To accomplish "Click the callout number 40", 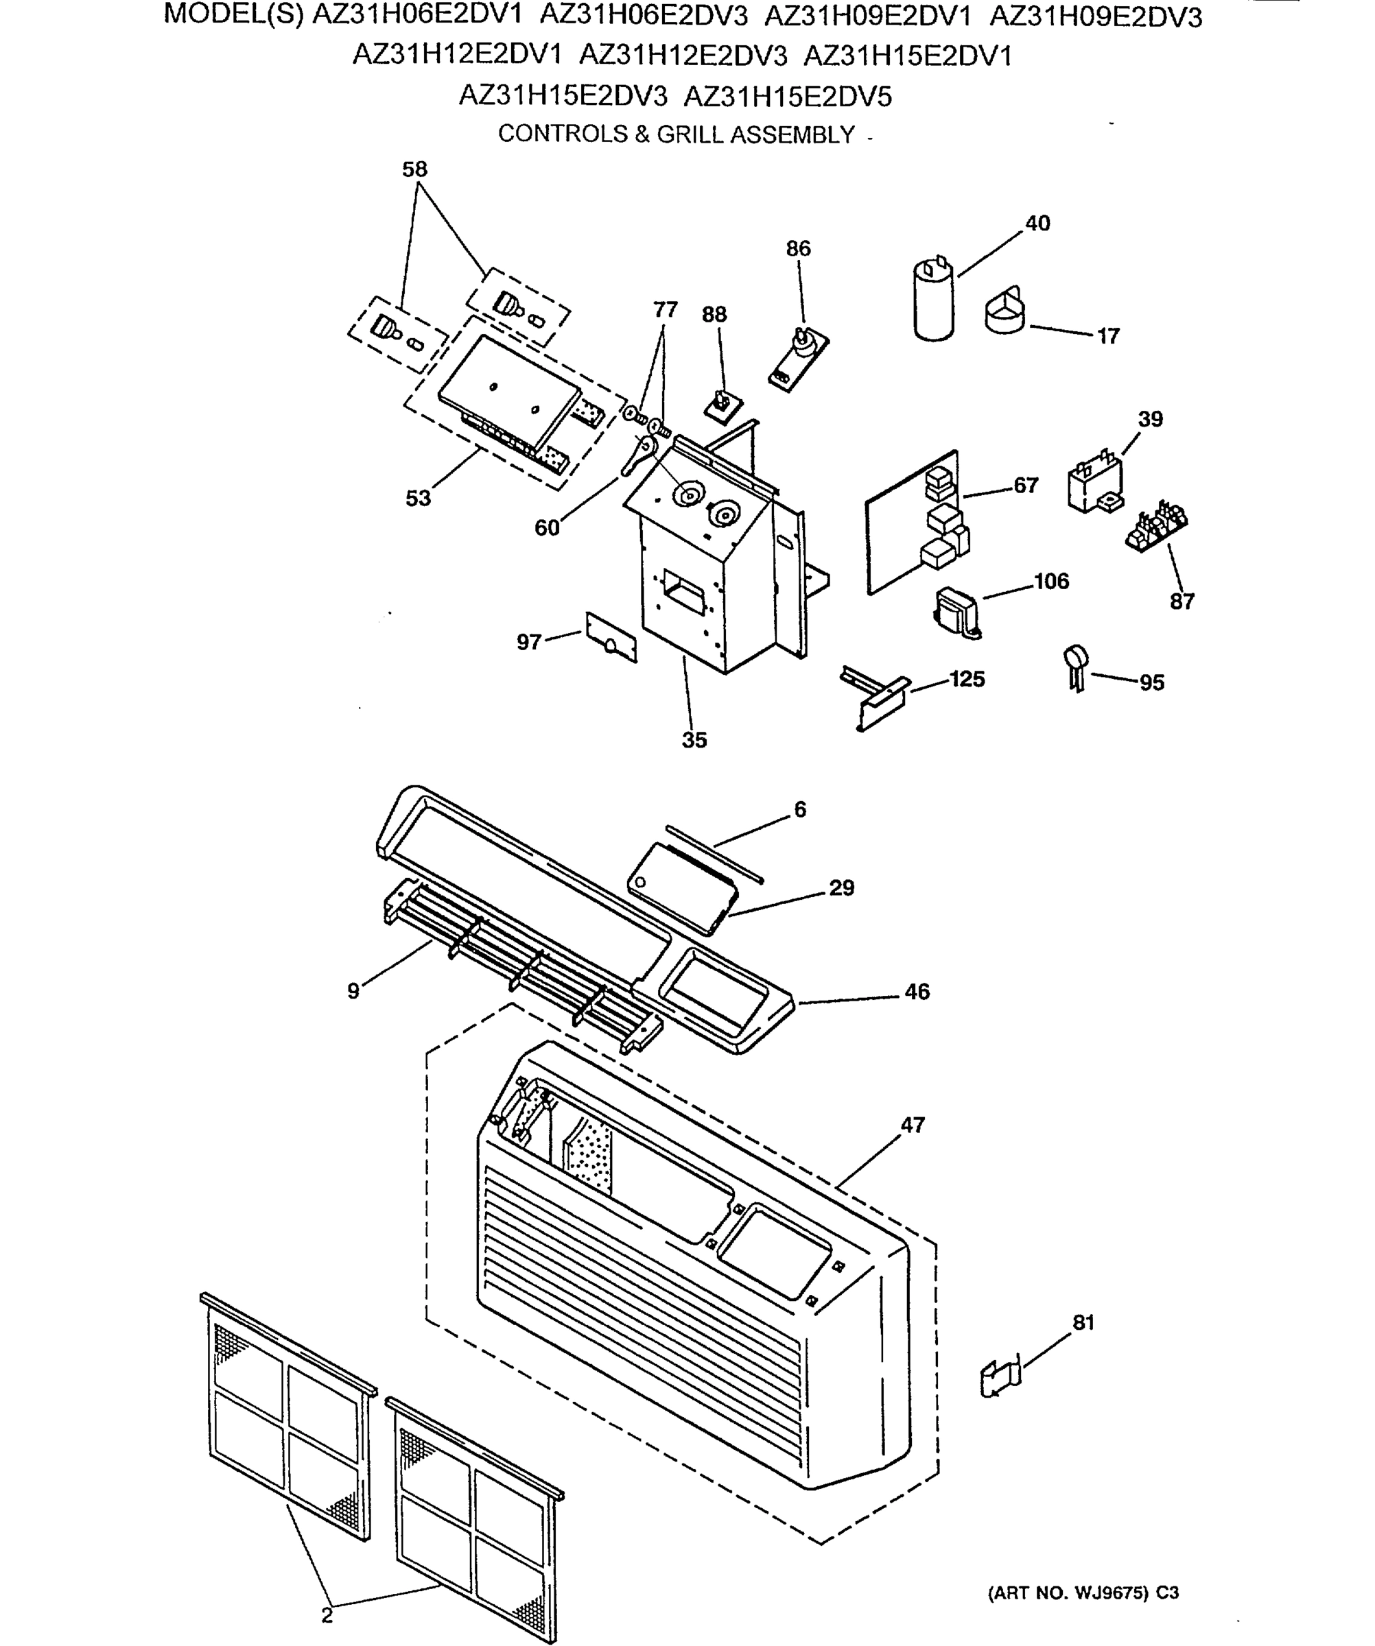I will [1037, 224].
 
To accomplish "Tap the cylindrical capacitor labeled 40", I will [935, 302].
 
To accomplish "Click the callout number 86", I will [798, 248].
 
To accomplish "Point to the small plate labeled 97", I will [611, 638].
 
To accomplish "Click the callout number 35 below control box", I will [694, 740].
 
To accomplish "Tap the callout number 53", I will [418, 499].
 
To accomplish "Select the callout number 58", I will [414, 169].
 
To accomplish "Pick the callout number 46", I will [917, 992].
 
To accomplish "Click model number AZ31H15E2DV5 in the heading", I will [787, 97].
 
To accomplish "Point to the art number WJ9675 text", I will [1083, 1593].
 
